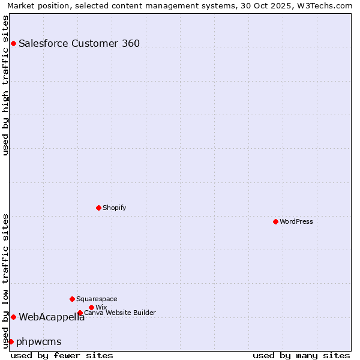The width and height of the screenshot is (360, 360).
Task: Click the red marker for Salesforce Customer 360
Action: coord(13,43)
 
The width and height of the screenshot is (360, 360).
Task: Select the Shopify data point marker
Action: coord(98,208)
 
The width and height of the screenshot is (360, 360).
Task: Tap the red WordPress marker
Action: coord(275,221)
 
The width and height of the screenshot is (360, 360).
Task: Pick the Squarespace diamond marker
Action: coord(72,299)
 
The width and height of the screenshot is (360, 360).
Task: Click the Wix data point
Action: coord(91,307)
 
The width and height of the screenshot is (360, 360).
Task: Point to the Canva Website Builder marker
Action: coord(80,313)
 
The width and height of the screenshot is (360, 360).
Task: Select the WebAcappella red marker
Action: coord(13,317)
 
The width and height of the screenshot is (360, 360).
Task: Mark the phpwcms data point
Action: coord(11,341)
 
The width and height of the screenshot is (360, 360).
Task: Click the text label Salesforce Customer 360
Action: coord(79,43)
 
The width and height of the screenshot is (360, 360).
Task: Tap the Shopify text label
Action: coord(114,208)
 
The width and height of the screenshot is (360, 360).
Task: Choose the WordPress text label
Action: coord(296,221)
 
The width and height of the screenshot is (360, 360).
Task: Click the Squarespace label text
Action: coord(97,299)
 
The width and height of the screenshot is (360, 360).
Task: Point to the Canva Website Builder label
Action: coord(120,313)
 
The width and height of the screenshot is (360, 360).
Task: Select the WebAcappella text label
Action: coord(52,317)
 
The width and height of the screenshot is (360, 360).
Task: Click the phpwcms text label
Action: coord(39,341)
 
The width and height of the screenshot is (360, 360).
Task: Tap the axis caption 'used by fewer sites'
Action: coord(62,355)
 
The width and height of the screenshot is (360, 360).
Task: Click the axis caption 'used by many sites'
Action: coord(301,355)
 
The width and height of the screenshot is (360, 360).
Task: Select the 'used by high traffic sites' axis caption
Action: coord(5,85)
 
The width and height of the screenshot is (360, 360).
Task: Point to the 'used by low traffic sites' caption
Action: coord(5,280)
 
